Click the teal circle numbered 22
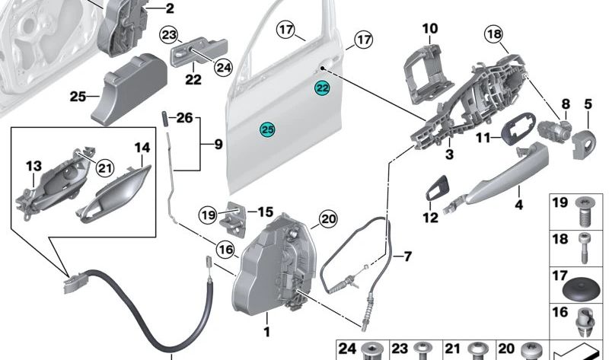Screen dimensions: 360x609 (x=323, y=89)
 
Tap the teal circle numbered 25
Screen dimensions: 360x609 (x=267, y=130)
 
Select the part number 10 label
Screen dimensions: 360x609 (x=430, y=29)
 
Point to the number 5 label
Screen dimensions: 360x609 (x=588, y=104)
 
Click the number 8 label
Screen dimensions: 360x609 (x=566, y=104)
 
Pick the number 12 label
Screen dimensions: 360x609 (x=431, y=218)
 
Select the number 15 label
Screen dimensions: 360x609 (x=264, y=212)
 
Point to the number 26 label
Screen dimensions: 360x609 (x=186, y=118)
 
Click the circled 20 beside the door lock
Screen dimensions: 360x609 (x=327, y=219)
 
